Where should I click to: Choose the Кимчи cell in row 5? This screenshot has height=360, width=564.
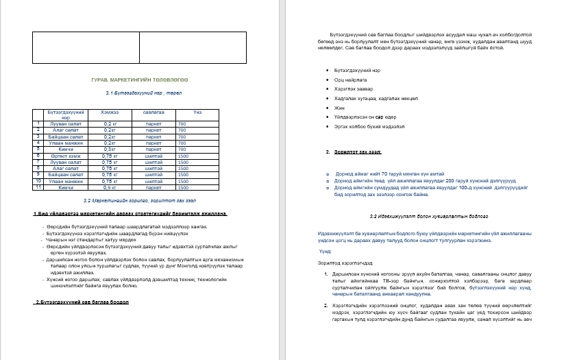click(x=66, y=148)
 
